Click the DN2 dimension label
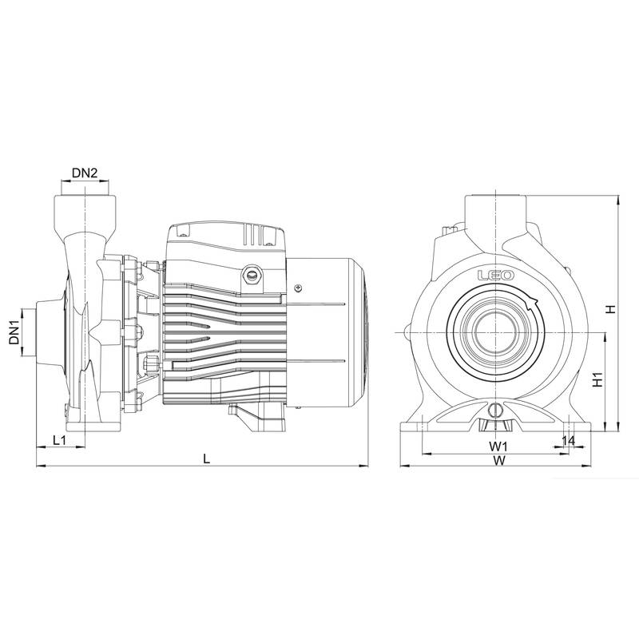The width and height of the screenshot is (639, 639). [85, 173]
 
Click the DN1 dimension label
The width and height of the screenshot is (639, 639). [14, 331]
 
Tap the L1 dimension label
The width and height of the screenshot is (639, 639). [58, 440]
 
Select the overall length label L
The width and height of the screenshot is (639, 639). [207, 458]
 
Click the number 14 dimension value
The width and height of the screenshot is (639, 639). [569, 440]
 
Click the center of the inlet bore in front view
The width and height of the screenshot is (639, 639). [496, 331]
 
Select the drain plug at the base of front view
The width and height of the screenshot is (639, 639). [495, 411]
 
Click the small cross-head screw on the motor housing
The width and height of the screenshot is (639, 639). [298, 288]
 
